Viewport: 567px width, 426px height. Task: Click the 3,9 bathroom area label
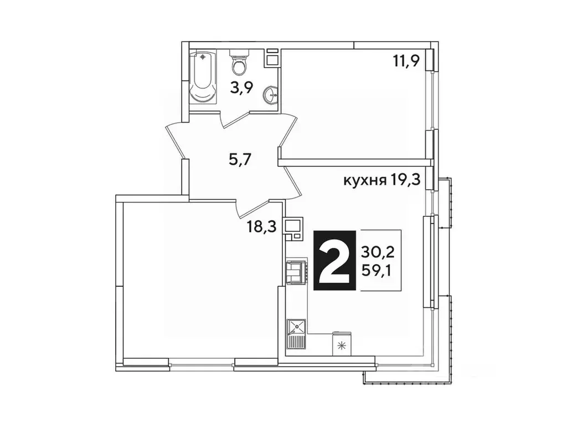click(x=242, y=87)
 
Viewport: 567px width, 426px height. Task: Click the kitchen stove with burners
click(x=296, y=271)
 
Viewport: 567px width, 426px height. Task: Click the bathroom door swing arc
click(x=238, y=120)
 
